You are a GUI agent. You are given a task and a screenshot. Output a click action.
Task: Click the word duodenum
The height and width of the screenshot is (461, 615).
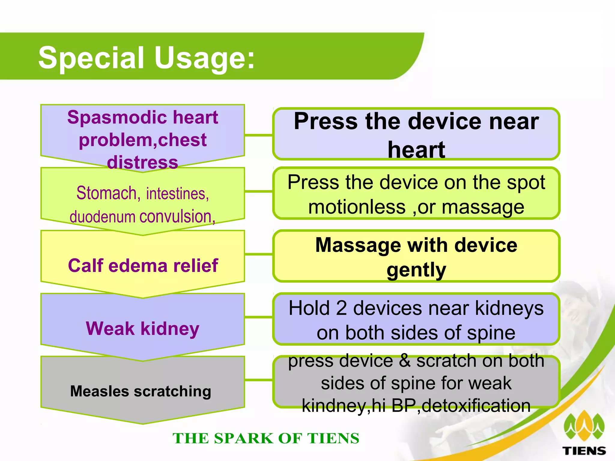102,216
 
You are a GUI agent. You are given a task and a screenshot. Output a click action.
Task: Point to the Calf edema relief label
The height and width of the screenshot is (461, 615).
143,265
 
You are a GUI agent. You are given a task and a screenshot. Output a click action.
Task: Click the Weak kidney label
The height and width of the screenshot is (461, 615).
143,328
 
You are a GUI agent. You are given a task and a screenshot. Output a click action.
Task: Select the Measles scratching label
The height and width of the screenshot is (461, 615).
141,391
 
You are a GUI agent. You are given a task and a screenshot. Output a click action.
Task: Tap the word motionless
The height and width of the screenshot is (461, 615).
357,207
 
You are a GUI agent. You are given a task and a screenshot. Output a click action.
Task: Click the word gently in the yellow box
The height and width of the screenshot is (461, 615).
416,270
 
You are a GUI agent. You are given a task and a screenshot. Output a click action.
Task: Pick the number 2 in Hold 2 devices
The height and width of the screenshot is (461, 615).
341,308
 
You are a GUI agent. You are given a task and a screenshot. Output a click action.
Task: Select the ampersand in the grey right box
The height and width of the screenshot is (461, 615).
405,360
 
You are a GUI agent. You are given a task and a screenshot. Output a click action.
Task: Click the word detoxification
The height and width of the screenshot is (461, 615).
476,406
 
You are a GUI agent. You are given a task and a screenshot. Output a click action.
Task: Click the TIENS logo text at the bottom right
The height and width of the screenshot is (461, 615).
584,450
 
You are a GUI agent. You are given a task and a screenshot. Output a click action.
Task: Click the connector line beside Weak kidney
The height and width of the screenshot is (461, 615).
259,317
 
